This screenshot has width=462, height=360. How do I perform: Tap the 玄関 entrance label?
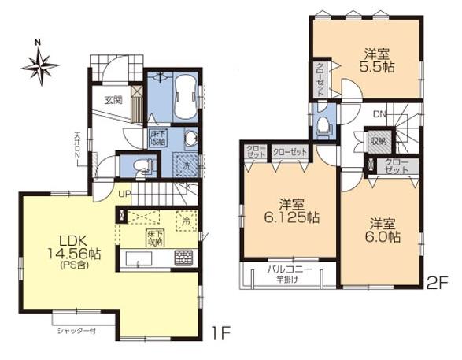click(x=114, y=100)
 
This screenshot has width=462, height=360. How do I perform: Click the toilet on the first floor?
click(x=141, y=166)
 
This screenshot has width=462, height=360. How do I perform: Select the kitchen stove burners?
click(x=183, y=257)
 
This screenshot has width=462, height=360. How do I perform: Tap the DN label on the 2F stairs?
click(x=379, y=114)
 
